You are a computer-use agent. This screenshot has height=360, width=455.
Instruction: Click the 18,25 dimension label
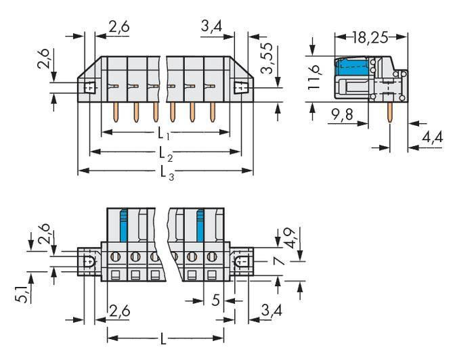tap(371, 38)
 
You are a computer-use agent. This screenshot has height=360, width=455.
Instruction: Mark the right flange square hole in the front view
tap(239, 87)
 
